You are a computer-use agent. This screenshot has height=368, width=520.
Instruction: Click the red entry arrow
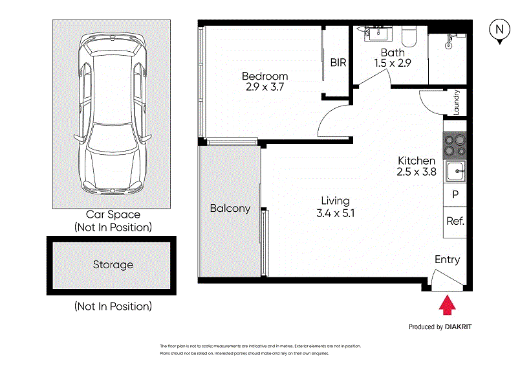[447, 305]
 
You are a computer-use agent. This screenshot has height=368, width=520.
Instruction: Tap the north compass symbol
[499, 30]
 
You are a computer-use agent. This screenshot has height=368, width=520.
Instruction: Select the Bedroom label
[265, 76]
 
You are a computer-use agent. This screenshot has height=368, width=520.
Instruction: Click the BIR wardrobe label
[338, 62]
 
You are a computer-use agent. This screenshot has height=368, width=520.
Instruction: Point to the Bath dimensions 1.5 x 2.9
[393, 63]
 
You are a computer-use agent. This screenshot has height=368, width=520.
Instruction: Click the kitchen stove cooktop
[455, 146]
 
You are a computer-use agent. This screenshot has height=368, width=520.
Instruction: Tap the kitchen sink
[455, 171]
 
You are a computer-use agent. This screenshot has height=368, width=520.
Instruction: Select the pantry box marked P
[455, 194]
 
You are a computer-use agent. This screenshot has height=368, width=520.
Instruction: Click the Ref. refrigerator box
[455, 222]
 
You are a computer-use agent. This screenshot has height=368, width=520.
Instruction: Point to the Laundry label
[457, 102]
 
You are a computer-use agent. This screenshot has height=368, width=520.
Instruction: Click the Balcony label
[230, 209]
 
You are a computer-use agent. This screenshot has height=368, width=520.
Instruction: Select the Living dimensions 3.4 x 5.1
[336, 213]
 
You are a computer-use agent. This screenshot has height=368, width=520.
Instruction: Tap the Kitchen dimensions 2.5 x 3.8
[417, 172]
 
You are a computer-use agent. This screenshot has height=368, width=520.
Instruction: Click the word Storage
[113, 265]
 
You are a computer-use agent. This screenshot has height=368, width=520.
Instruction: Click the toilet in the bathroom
[409, 36]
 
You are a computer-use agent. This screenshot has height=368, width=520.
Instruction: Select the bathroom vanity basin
[378, 34]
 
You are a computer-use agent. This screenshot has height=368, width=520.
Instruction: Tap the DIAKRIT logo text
[459, 327]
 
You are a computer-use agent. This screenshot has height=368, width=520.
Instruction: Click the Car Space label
[113, 214]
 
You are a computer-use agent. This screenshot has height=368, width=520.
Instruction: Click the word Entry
[448, 259]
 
